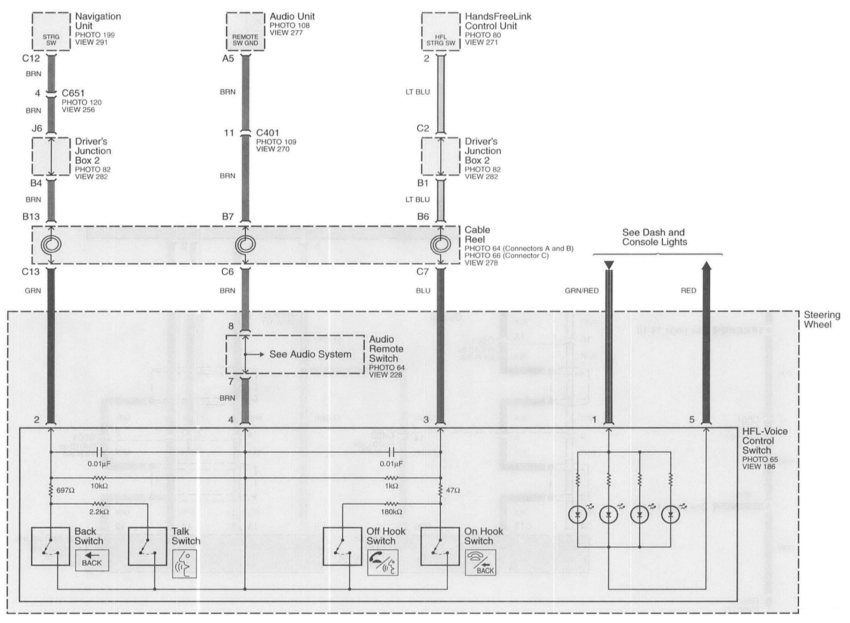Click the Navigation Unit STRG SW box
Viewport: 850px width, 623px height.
tap(51, 31)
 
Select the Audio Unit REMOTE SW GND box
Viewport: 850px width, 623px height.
tap(245, 31)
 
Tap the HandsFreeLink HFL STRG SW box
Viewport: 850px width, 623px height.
tap(440, 31)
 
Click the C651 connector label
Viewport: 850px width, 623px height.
tap(73, 93)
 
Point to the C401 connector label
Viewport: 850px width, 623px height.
tap(267, 133)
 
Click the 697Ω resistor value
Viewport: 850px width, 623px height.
tap(65, 491)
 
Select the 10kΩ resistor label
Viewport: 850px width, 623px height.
tap(99, 486)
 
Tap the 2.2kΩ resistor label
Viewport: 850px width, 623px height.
tap(99, 512)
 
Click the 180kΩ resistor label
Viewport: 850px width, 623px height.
tap(391, 512)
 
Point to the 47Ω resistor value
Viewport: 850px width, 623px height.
tap(453, 491)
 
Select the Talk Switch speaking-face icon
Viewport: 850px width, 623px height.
tap(184, 564)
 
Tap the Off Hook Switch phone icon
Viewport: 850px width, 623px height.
tap(382, 563)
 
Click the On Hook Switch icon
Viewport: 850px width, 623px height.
tap(480, 563)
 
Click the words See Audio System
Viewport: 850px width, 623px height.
tap(310, 354)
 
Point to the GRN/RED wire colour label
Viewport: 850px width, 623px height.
tap(581, 291)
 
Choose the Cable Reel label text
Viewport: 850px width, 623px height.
tap(477, 235)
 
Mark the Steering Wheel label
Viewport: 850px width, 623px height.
tap(822, 320)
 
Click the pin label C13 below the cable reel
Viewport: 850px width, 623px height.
tap(31, 272)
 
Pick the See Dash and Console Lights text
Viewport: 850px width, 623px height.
tap(654, 237)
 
